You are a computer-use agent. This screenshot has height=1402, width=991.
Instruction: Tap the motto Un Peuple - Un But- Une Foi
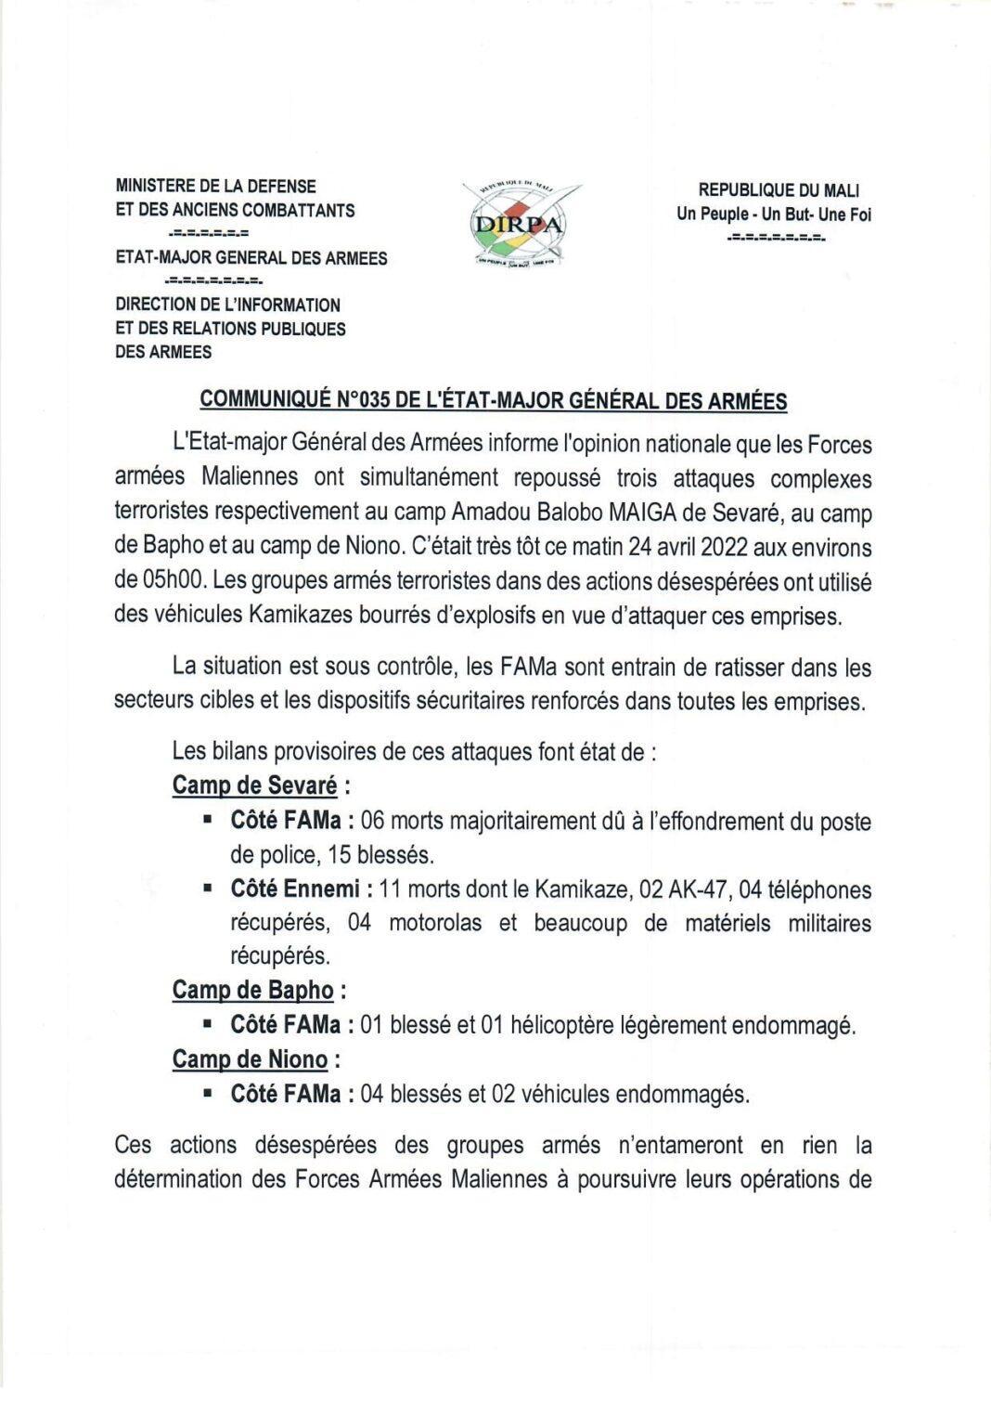click(774, 214)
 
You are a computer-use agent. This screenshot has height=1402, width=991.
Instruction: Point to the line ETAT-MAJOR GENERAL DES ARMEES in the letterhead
click(251, 258)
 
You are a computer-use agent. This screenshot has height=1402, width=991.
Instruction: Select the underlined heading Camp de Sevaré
click(254, 785)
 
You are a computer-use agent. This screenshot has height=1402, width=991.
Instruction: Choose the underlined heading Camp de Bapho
click(252, 991)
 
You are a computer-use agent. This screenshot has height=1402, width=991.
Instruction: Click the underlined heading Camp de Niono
click(250, 1059)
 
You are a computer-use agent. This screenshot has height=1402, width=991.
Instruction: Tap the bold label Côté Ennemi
click(294, 889)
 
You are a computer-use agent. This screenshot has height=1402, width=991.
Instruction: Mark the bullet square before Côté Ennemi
click(210, 888)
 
